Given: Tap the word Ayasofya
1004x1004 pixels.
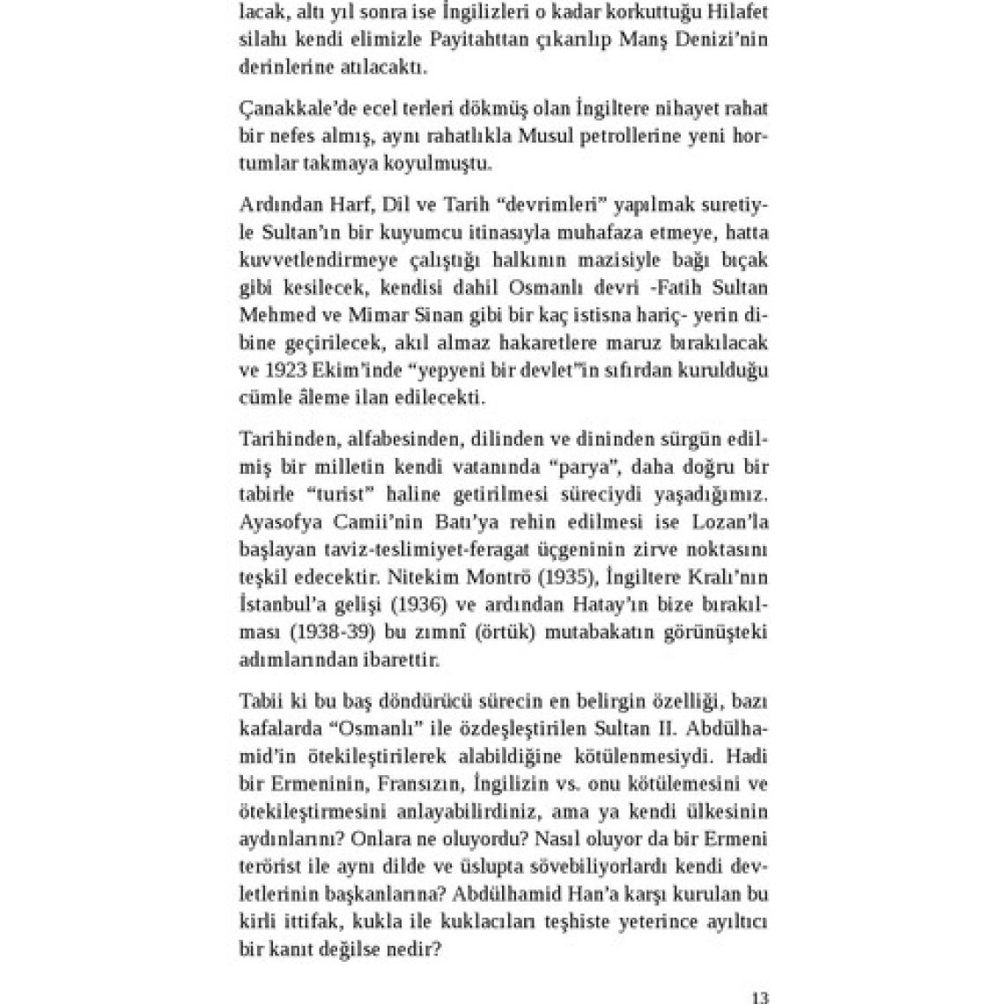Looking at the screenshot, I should [274, 522].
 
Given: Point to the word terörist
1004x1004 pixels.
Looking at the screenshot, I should [270, 866].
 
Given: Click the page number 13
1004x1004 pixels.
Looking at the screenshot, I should [760, 998].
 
